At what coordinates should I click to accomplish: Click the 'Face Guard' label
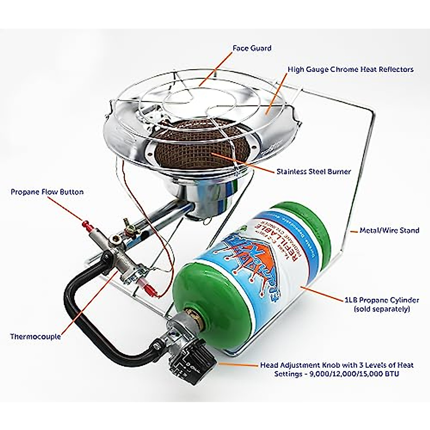point(252,48)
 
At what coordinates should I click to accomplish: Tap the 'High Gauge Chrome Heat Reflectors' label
point(350,69)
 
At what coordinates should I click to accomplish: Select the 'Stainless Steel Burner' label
point(314,172)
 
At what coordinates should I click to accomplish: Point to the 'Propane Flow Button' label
point(47,192)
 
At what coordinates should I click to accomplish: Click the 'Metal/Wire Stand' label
point(389,230)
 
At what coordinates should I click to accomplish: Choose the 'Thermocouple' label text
point(35,336)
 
